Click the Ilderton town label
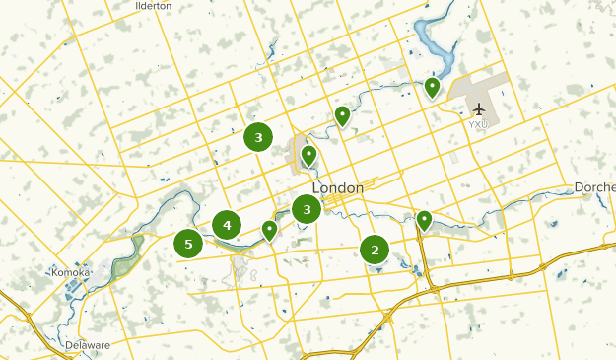[153, 5]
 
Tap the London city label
[337, 187]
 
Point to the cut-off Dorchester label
[595, 187]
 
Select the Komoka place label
[72, 271]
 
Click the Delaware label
[88, 345]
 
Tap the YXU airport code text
[478, 125]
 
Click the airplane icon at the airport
[479, 108]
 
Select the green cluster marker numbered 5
[188, 244]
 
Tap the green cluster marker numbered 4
[227, 225]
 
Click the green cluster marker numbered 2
[375, 250]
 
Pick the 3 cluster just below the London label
[308, 209]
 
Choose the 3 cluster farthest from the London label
[258, 138]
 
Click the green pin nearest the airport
[432, 89]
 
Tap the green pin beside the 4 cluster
[269, 231]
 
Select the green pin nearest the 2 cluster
[424, 220]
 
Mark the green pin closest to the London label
[308, 155]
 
